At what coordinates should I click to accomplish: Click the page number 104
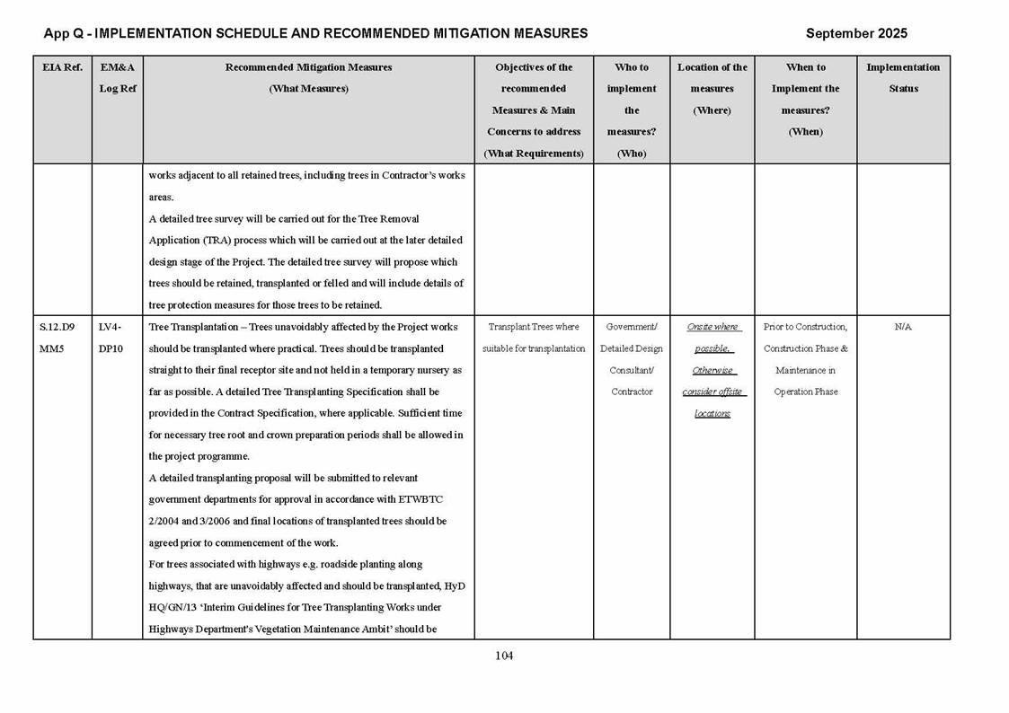[x=504, y=656]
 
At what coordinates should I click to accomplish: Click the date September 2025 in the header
[x=856, y=33]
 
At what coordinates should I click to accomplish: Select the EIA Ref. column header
[x=62, y=67]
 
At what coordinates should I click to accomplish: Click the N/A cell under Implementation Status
[x=903, y=327]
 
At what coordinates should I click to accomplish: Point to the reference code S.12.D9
[x=58, y=327]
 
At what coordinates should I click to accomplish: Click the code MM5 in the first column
[x=50, y=348]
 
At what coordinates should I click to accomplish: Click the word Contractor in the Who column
[x=632, y=392]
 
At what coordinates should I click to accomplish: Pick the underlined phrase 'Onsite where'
[x=712, y=327]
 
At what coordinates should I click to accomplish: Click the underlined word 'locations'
[x=712, y=413]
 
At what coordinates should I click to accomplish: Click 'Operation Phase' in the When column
[x=806, y=392]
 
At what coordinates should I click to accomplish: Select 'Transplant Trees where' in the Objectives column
[x=534, y=327]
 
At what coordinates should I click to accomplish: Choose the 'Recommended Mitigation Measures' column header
[x=308, y=67]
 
